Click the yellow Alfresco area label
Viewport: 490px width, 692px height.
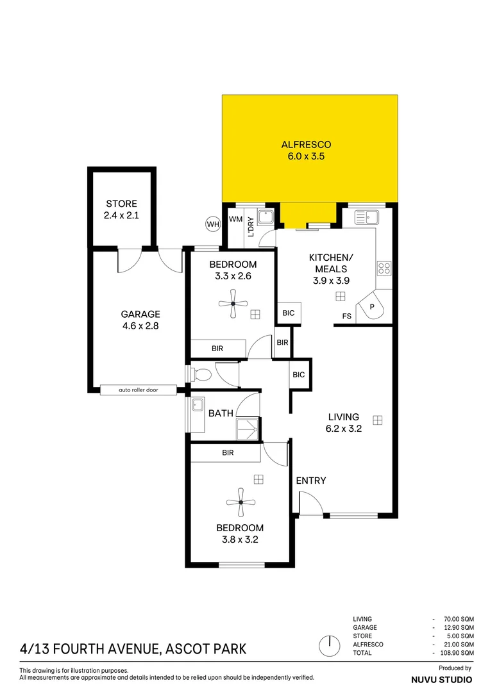click(309, 150)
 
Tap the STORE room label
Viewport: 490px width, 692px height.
click(121, 210)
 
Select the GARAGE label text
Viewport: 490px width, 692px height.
click(140, 320)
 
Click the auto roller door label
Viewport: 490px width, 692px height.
click(138, 390)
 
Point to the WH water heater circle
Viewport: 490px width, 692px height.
click(212, 224)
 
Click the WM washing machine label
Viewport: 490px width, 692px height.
click(235, 219)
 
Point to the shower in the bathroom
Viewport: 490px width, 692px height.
click(247, 429)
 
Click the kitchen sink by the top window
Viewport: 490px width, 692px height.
click(367, 217)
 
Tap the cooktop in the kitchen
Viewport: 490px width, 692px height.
click(384, 268)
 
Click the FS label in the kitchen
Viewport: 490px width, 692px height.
click(347, 316)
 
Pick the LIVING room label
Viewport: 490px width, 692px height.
click(343, 423)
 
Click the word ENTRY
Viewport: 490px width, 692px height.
click(311, 481)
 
